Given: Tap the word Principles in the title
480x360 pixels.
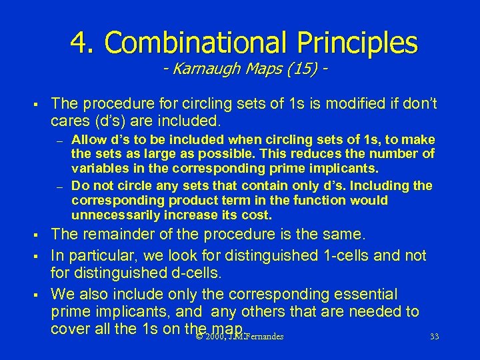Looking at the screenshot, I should (x=358, y=43).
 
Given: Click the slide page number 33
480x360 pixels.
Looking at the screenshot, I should (x=434, y=337).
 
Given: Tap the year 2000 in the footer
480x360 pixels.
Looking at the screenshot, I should (x=214, y=337).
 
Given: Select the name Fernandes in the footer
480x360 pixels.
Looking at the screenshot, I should (x=264, y=337).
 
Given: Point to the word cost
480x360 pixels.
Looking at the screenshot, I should (x=258, y=215).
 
